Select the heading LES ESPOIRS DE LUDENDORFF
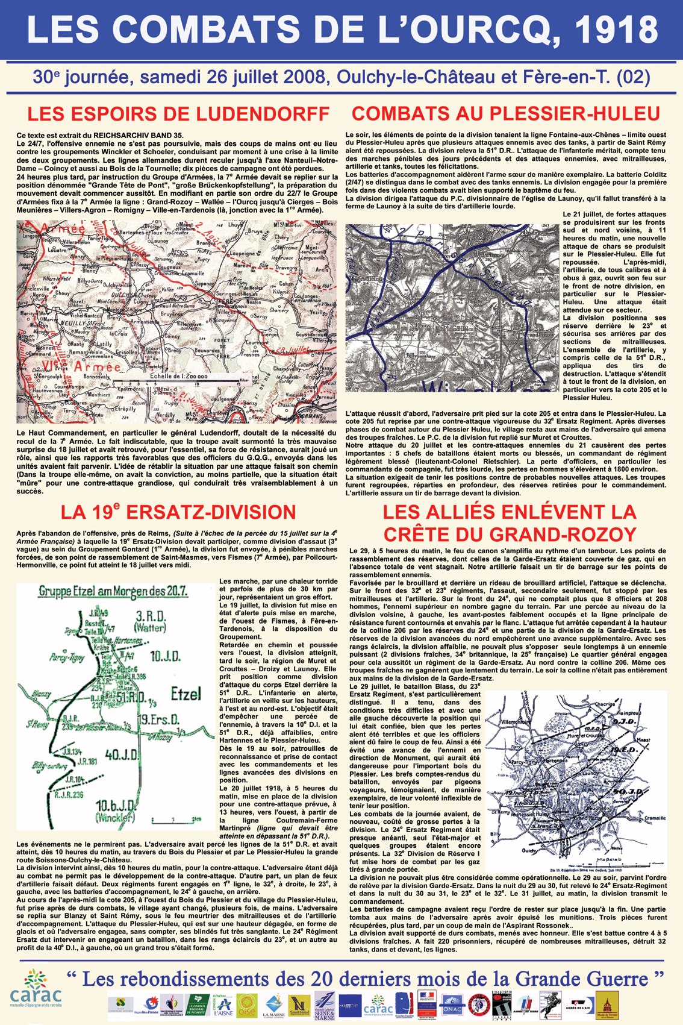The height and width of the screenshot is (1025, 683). point(178,113)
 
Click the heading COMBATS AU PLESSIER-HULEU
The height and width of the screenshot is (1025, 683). point(506,113)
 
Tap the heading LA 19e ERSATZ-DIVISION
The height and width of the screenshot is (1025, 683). point(178,512)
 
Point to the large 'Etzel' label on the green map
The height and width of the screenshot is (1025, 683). point(185,694)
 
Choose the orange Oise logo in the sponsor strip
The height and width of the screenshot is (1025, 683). point(247,1005)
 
